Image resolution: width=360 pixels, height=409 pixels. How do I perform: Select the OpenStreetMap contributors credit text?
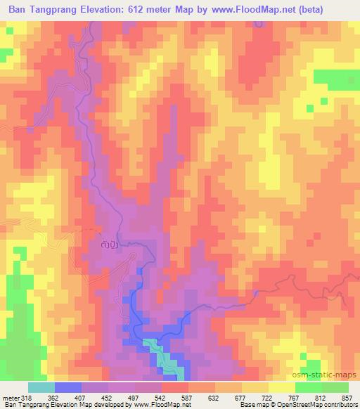(x=309, y=405)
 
